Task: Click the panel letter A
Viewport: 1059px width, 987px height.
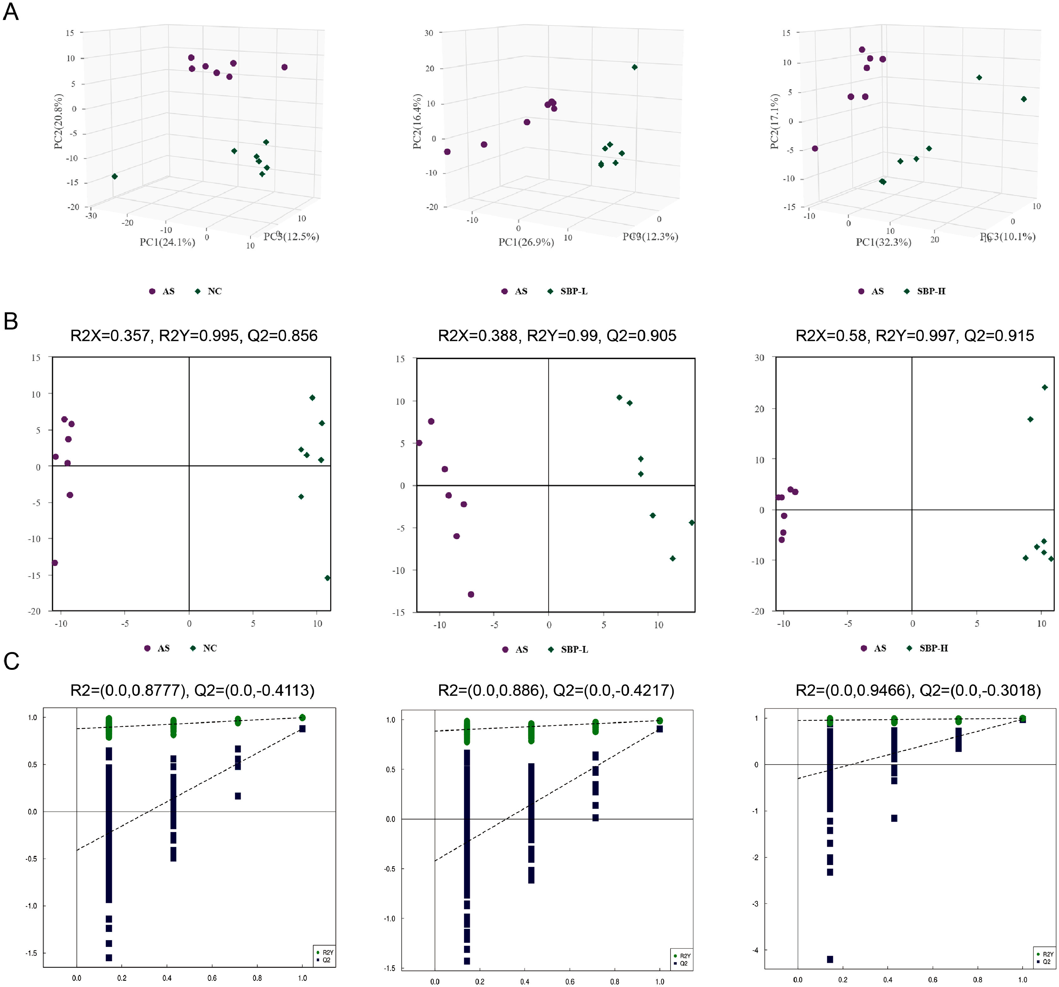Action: tap(11, 12)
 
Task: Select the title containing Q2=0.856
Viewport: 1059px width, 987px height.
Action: tap(194, 336)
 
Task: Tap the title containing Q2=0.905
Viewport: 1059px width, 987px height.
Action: tap(557, 336)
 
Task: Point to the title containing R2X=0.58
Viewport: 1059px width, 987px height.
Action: tap(914, 336)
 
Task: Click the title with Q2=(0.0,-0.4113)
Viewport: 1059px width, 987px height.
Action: tap(192, 691)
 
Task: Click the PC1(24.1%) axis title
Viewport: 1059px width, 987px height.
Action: tap(167, 243)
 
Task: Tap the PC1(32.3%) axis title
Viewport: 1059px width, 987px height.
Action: tap(883, 243)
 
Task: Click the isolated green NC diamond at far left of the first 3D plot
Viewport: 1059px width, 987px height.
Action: tap(114, 176)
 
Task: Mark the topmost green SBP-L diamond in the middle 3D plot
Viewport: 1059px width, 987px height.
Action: tap(634, 67)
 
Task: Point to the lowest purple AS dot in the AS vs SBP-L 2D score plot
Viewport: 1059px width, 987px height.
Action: tap(471, 594)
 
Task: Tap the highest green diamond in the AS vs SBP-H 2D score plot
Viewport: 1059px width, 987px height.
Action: tap(1045, 387)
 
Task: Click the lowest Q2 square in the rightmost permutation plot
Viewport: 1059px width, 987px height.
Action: tap(830, 959)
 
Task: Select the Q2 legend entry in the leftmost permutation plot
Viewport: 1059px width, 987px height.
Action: tap(326, 960)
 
